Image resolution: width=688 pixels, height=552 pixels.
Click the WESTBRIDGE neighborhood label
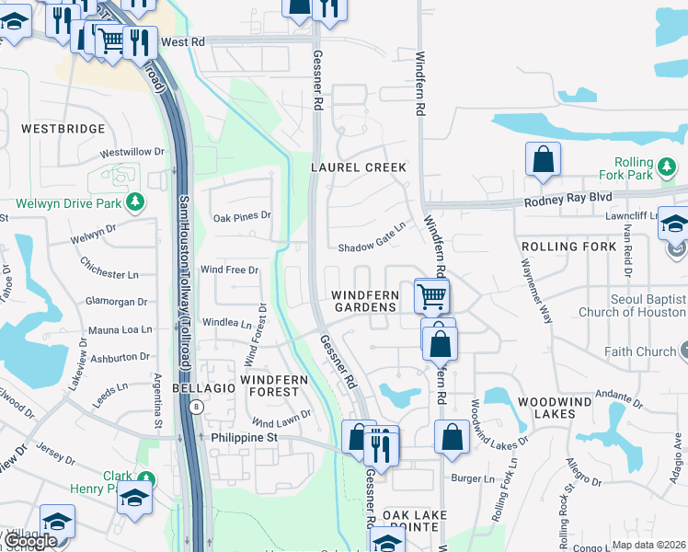(x=63, y=129)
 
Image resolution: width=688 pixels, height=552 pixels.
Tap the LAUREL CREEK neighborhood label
(x=359, y=167)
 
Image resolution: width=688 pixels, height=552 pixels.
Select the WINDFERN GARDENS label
(x=365, y=301)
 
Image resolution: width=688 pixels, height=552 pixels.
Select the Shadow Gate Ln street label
(x=372, y=248)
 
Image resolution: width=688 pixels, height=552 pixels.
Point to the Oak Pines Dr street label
(x=242, y=216)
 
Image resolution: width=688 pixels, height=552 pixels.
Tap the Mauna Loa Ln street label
(x=120, y=329)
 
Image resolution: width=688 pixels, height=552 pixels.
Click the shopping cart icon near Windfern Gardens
(x=431, y=296)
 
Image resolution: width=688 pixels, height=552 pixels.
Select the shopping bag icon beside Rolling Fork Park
(x=544, y=159)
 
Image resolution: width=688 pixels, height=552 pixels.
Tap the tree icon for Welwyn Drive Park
(x=136, y=201)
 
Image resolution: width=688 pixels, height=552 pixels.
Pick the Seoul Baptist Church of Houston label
(x=632, y=306)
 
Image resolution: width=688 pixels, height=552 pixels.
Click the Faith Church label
(x=640, y=351)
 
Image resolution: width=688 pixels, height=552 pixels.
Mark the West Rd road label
(x=181, y=42)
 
